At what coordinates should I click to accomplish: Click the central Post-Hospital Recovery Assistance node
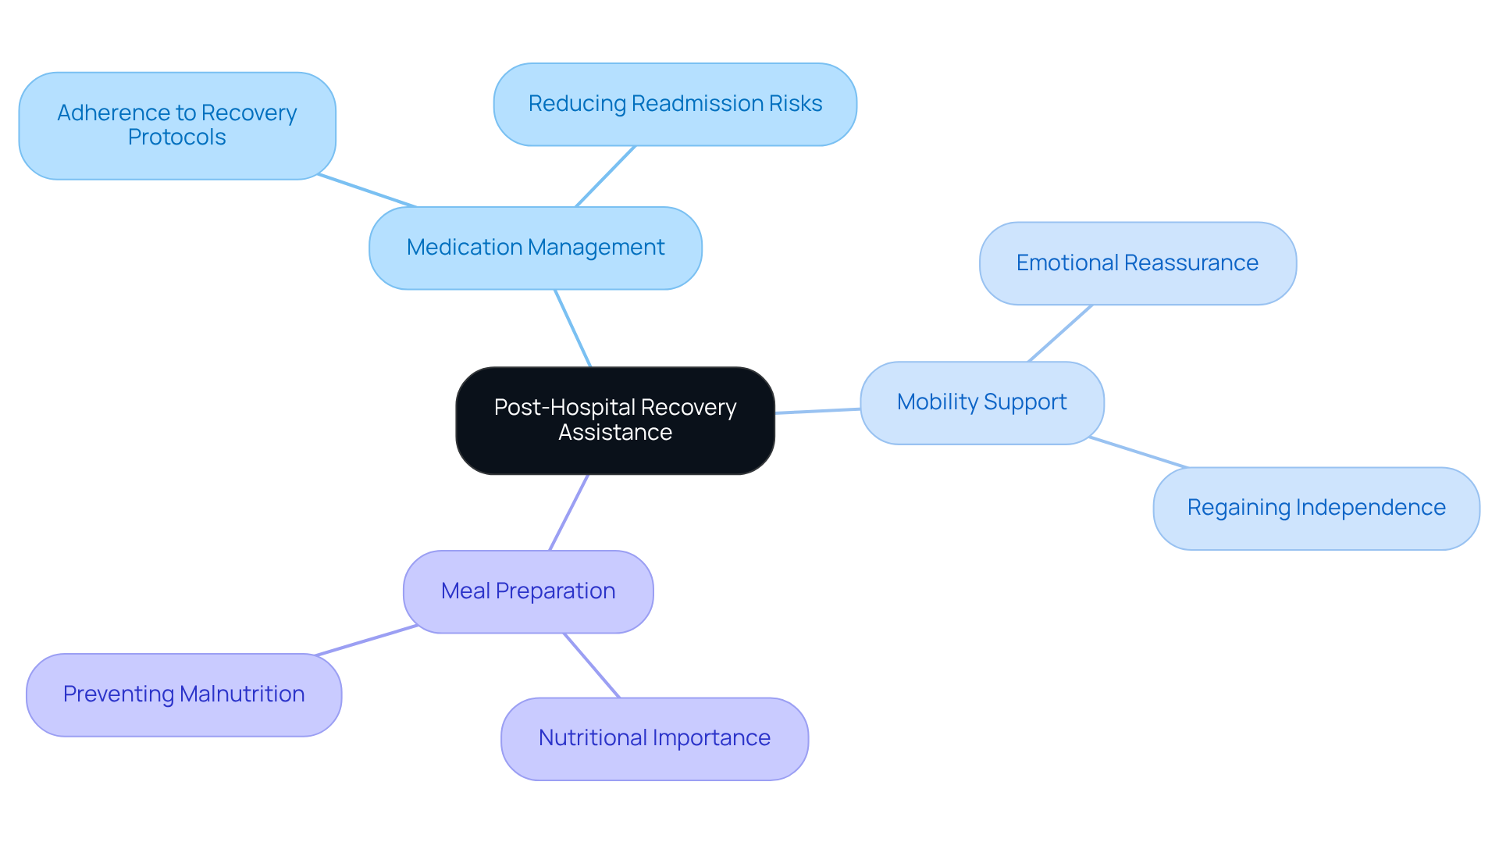tap(615, 420)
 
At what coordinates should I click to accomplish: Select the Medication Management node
tap(536, 248)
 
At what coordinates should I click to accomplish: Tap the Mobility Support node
tap(982, 402)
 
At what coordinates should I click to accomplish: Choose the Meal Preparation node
tap(529, 591)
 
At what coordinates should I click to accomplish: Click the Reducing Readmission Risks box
tap(675, 104)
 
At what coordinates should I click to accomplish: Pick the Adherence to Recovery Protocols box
tap(177, 125)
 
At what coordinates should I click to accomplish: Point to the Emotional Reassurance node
tap(1138, 263)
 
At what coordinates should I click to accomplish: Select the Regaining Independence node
tap(1316, 508)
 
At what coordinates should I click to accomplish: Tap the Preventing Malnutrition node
tap(184, 694)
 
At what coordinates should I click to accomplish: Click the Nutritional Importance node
tap(654, 738)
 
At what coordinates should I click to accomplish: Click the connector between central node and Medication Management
tap(573, 328)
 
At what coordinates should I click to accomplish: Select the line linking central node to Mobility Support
tap(817, 411)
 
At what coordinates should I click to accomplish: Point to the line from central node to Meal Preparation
tap(569, 512)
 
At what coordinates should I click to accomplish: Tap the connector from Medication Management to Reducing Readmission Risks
tap(606, 176)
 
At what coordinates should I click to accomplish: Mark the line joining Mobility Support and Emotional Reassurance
tap(1060, 333)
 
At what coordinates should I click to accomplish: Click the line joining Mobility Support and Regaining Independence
tap(1138, 452)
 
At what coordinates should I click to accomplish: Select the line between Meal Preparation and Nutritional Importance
tap(592, 666)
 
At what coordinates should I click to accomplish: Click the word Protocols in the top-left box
tap(177, 137)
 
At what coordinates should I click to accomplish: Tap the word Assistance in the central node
tap(615, 433)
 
